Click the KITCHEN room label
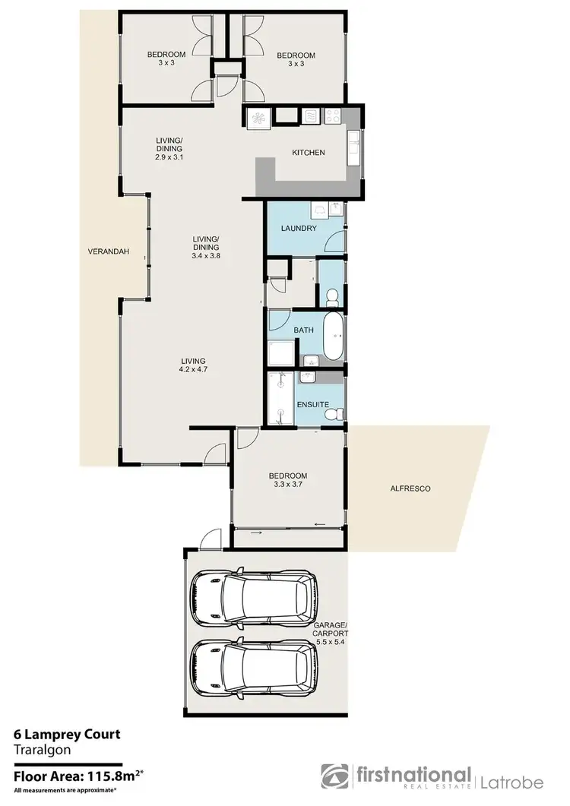[x=309, y=153]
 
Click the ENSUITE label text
[x=313, y=405]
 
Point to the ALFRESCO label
[x=410, y=489]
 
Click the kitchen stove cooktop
[x=332, y=116]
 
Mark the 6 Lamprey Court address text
[x=67, y=735]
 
